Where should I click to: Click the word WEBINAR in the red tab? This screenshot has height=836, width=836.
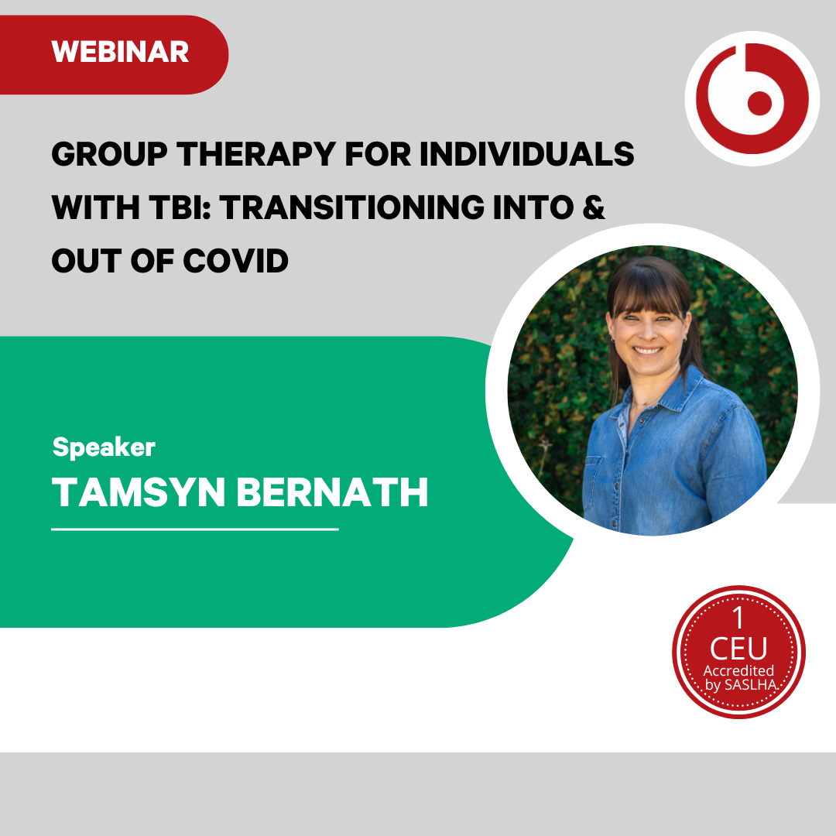[120, 52]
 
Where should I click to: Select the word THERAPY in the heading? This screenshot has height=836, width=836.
[256, 154]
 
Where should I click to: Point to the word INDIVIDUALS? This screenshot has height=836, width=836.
[527, 154]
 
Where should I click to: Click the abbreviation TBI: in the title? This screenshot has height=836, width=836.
[180, 207]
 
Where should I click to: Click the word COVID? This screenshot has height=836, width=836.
[235, 261]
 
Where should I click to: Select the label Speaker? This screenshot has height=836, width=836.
[104, 447]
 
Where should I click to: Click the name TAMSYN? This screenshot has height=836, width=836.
[139, 492]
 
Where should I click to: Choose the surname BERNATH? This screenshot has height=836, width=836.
[332, 492]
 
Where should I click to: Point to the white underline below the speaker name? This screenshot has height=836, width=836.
[195, 529]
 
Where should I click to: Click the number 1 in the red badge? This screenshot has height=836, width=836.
[738, 618]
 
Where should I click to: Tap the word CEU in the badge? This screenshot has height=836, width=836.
[738, 649]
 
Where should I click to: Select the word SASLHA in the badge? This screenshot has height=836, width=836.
[750, 684]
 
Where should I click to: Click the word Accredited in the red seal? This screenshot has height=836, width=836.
[738, 670]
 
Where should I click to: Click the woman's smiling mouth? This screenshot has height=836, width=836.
[647, 351]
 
